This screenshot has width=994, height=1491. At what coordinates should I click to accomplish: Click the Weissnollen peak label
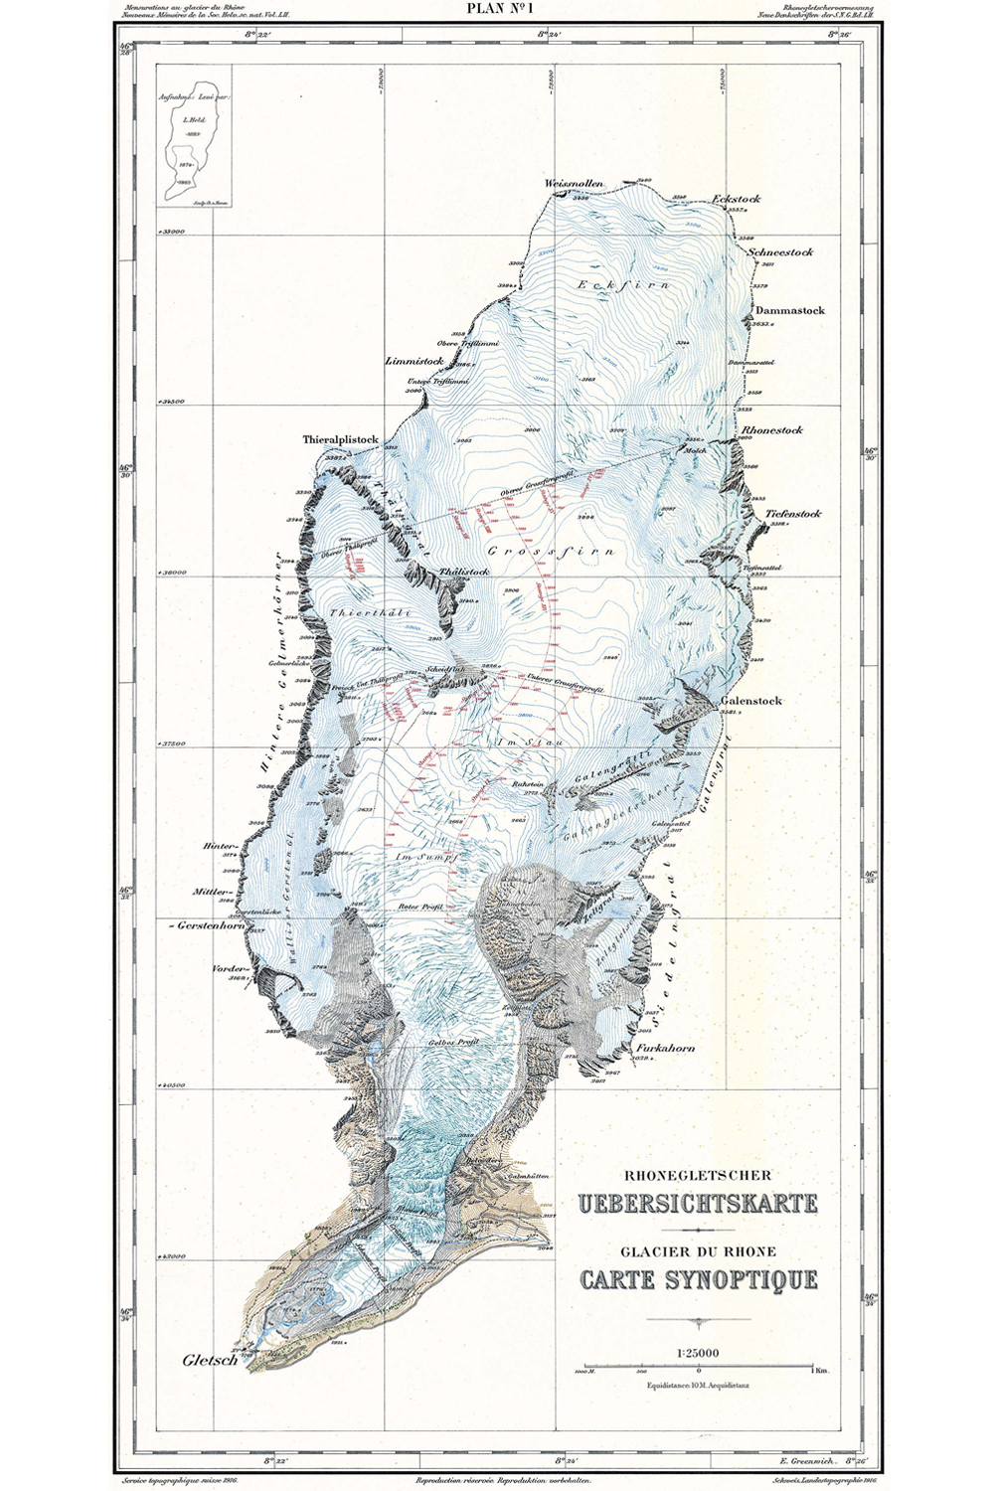pyautogui.click(x=574, y=184)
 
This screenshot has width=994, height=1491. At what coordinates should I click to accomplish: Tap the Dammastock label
pyautogui.click(x=790, y=310)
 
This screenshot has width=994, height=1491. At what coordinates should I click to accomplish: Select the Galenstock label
pyautogui.click(x=751, y=701)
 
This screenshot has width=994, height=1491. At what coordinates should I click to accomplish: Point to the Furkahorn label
pyautogui.click(x=667, y=1048)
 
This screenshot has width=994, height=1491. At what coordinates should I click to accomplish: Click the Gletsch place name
pyautogui.click(x=210, y=1360)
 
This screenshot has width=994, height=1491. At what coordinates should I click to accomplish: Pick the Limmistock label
pyautogui.click(x=414, y=361)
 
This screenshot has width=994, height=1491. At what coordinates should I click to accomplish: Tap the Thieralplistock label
pyautogui.click(x=341, y=438)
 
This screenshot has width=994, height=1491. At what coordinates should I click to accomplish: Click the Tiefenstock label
pyautogui.click(x=793, y=514)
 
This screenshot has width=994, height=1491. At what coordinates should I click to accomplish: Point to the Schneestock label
pyautogui.click(x=780, y=251)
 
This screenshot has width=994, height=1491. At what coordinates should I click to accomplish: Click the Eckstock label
pyautogui.click(x=737, y=199)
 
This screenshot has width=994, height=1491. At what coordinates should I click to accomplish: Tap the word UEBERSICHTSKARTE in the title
pyautogui.click(x=698, y=1204)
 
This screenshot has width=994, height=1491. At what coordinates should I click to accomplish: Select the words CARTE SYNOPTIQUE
pyautogui.click(x=699, y=1279)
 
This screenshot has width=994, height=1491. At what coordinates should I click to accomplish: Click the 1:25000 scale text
pyautogui.click(x=698, y=1352)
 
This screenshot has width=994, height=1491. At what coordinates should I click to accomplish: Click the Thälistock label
pyautogui.click(x=464, y=573)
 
